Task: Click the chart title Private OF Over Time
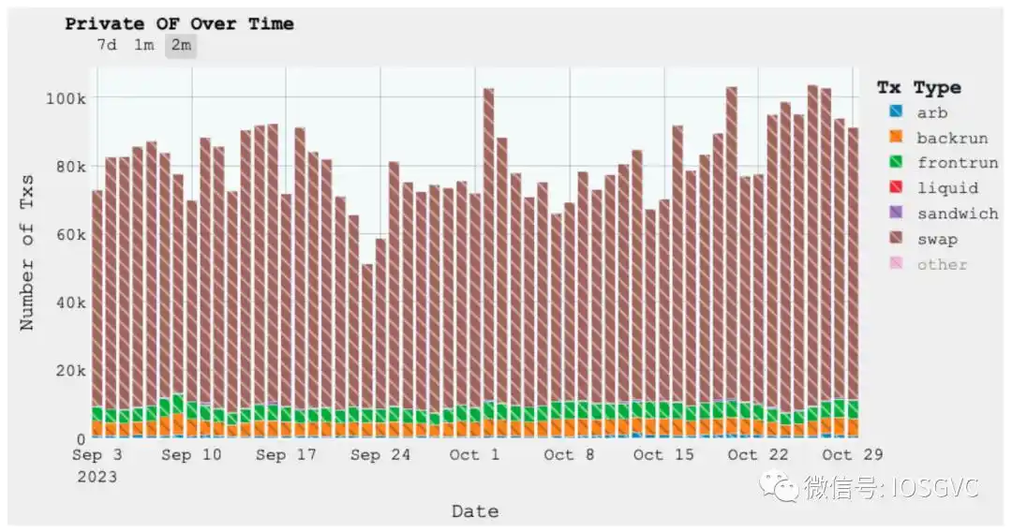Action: tap(179, 24)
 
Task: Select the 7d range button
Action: tap(106, 45)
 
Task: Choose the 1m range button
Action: tap(143, 45)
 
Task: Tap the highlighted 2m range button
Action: tap(181, 45)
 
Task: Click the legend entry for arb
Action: tap(931, 112)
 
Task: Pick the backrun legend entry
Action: tap(951, 138)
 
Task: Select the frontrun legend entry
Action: tap(957, 163)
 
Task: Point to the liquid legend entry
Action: tap(946, 188)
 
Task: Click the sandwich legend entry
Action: tap(957, 214)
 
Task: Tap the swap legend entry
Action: tap(936, 239)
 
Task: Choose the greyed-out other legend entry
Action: tap(942, 264)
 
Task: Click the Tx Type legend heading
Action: tap(918, 87)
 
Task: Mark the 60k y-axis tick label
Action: tap(70, 234)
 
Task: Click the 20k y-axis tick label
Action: tap(70, 371)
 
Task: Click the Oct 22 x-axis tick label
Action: tap(756, 455)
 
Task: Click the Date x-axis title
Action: tap(474, 511)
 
